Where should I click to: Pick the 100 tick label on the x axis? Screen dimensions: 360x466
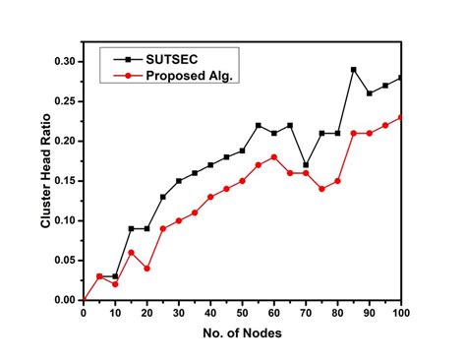pyautogui.click(x=400, y=314)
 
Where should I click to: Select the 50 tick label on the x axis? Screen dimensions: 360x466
pyautogui.click(x=242, y=314)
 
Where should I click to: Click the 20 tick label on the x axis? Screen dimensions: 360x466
pyautogui.click(x=146, y=314)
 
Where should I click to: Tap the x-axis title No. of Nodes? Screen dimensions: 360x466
pyautogui.click(x=242, y=334)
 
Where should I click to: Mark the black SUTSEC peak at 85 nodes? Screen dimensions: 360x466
pyautogui.click(x=353, y=70)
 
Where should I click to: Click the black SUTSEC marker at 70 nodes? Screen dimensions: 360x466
pyautogui.click(x=306, y=164)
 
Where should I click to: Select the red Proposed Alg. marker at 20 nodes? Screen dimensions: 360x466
pyautogui.click(x=146, y=269)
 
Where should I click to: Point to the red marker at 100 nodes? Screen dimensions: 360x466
pyautogui.click(x=400, y=117)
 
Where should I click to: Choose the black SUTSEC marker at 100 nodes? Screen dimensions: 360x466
pyautogui.click(x=400, y=78)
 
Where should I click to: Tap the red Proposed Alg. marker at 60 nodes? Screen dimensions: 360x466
pyautogui.click(x=273, y=157)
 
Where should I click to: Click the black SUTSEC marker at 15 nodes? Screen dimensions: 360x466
pyautogui.click(x=131, y=228)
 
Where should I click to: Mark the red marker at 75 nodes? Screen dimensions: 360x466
pyautogui.click(x=321, y=189)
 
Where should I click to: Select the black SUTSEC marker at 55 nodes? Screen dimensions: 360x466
pyautogui.click(x=258, y=125)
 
